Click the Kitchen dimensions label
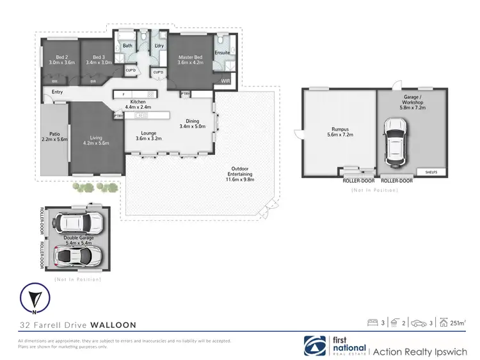138,105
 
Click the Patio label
54,136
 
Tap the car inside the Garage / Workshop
396,141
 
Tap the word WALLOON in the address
113,325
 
